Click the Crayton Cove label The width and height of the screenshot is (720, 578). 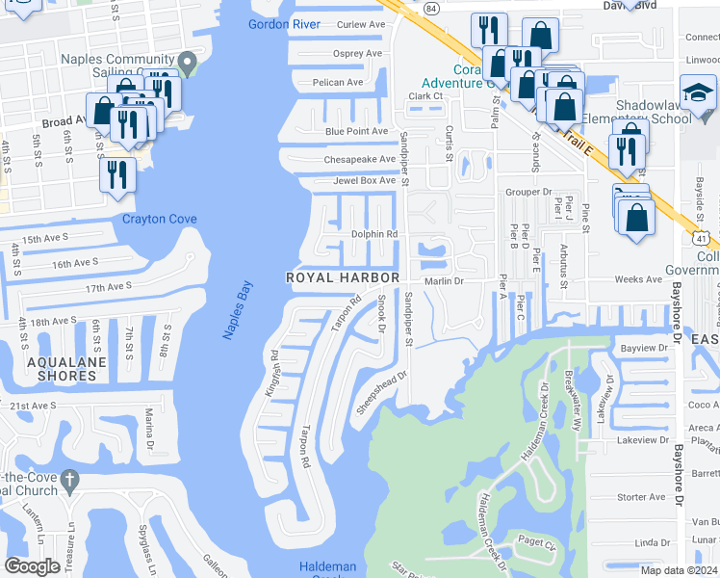tap(159, 220)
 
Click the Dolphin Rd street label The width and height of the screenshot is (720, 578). tap(373, 234)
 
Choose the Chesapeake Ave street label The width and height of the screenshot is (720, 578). tap(360, 159)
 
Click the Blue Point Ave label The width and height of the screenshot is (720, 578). tap(356, 131)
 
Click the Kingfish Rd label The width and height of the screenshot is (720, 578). tap(274, 367)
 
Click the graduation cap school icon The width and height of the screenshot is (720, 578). tap(700, 94)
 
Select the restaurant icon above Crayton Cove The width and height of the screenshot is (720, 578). tap(117, 175)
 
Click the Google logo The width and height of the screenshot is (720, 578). tap(32, 566)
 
